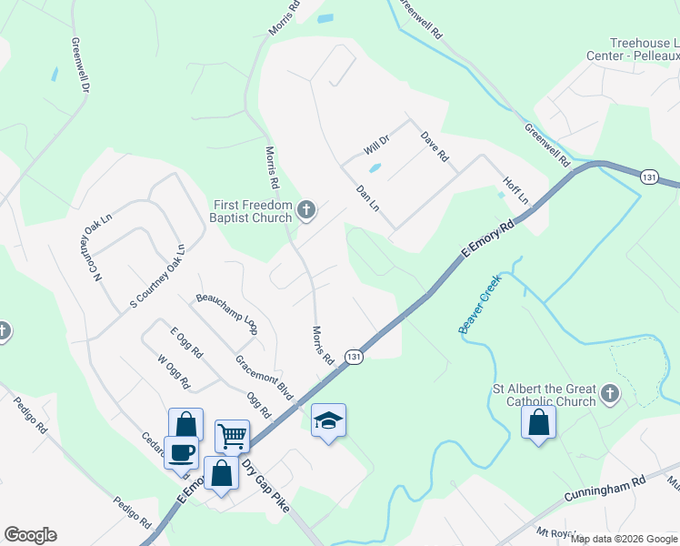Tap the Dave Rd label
click(x=435, y=147)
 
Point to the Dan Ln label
click(x=367, y=198)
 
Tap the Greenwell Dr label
click(x=81, y=65)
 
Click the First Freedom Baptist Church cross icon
click(x=306, y=211)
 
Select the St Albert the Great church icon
click(x=609, y=394)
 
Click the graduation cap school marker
click(x=328, y=420)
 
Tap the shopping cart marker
click(x=232, y=436)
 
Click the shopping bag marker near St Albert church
click(x=539, y=422)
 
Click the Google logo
click(x=30, y=535)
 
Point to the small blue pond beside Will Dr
click(x=374, y=167)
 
